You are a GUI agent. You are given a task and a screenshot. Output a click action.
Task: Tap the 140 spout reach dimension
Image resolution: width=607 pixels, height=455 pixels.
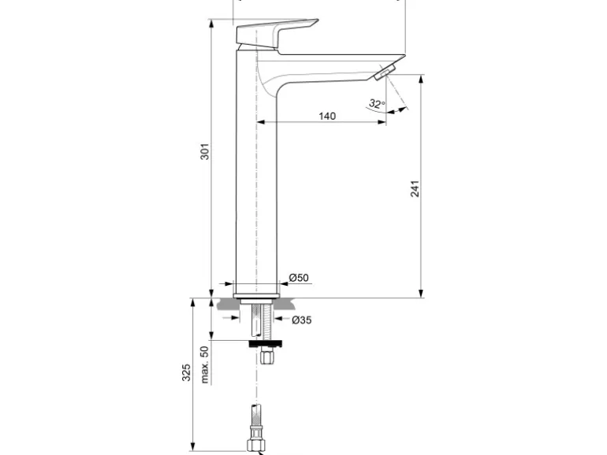click(x=327, y=116)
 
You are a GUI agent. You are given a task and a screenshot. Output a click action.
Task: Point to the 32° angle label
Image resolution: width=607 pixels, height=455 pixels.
click(x=376, y=103)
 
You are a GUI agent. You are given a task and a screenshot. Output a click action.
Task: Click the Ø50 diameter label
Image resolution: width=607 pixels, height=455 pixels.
click(x=298, y=278)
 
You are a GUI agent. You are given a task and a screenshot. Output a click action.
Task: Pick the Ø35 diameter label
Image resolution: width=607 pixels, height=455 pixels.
click(x=302, y=320)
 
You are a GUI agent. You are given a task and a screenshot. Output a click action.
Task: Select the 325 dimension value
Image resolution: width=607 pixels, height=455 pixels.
click(x=187, y=372)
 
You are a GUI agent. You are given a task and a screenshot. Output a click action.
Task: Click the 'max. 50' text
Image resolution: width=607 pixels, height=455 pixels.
click(x=204, y=364)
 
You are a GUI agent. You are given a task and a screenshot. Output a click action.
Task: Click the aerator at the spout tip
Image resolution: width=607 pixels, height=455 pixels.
click(x=384, y=74)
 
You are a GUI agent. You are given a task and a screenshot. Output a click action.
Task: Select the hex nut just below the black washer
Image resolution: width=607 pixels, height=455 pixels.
click(x=266, y=356)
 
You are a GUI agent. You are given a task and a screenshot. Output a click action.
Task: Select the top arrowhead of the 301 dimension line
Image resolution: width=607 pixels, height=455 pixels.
click(x=211, y=22)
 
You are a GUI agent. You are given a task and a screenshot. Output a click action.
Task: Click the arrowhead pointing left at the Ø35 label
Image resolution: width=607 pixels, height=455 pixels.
click(x=277, y=320)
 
